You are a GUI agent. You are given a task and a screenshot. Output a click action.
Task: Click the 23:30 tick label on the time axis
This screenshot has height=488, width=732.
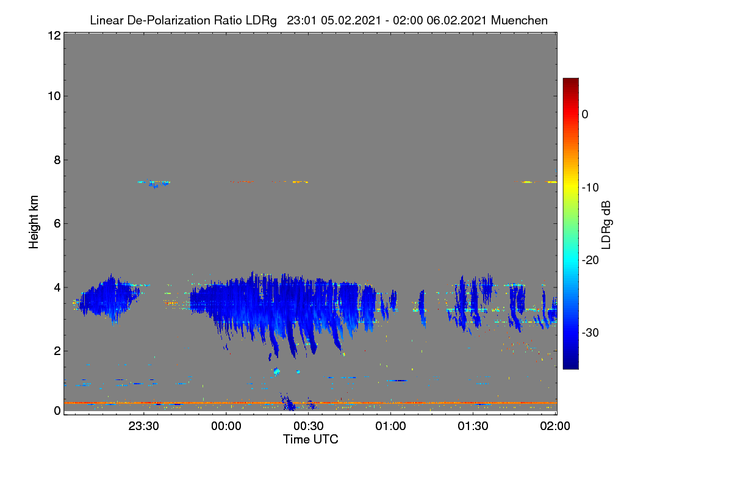pos(143,426)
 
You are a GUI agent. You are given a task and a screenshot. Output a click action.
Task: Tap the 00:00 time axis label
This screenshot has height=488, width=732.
pos(226,426)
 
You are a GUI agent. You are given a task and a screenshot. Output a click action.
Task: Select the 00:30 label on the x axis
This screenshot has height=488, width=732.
pos(309,426)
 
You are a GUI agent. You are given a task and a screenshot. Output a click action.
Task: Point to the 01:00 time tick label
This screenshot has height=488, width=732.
pos(390,426)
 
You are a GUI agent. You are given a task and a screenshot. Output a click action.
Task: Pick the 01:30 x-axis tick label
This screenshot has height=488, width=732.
pos(473,426)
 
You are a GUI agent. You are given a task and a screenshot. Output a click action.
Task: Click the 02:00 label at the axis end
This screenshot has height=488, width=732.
pos(555,426)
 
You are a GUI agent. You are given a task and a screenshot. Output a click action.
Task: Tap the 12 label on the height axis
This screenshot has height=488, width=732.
pos(54,35)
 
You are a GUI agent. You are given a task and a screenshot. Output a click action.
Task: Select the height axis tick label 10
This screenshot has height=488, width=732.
pos(54,96)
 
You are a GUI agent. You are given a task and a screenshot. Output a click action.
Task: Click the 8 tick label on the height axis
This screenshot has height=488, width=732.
pos(57,160)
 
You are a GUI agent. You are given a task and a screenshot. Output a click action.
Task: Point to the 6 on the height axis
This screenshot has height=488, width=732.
pos(57,224)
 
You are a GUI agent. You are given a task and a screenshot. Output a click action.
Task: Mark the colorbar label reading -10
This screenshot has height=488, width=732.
pos(590,188)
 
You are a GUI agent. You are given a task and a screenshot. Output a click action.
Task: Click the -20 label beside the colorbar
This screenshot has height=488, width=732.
pos(590,260)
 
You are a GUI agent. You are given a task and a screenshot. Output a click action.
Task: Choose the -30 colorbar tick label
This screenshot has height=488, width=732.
pos(590,332)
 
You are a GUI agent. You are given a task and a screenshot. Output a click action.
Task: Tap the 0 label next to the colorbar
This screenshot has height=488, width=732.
pos(585,115)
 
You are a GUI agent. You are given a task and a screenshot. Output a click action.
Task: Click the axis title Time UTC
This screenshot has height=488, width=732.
pos(310,440)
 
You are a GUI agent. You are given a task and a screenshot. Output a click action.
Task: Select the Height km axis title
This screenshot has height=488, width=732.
pos(34,222)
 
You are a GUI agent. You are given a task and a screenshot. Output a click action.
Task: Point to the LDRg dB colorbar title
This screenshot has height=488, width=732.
pos(606,225)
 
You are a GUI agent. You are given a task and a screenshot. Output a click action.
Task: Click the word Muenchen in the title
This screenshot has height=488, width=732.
pos(519,21)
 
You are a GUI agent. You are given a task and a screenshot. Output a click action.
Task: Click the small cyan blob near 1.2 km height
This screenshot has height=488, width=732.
pos(276,371)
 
